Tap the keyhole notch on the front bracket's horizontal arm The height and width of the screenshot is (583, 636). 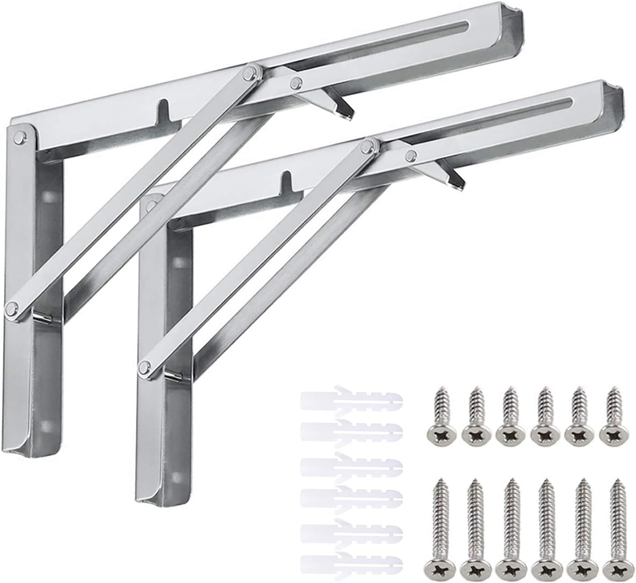pyautogui.click(x=287, y=179)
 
